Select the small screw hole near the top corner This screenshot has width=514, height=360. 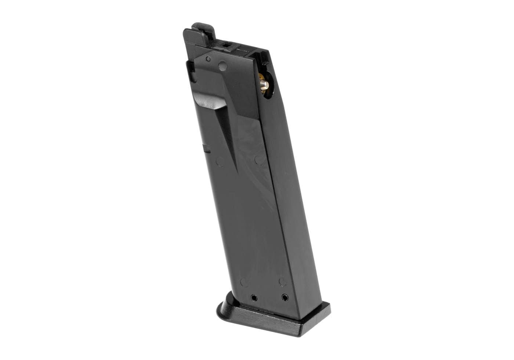coord(208,59)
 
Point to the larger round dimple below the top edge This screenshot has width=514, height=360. coord(222,66)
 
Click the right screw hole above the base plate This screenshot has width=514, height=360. coord(284,296)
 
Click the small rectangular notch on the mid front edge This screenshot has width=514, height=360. coord(207,149)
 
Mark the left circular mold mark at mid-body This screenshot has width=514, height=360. coord(220,161)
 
